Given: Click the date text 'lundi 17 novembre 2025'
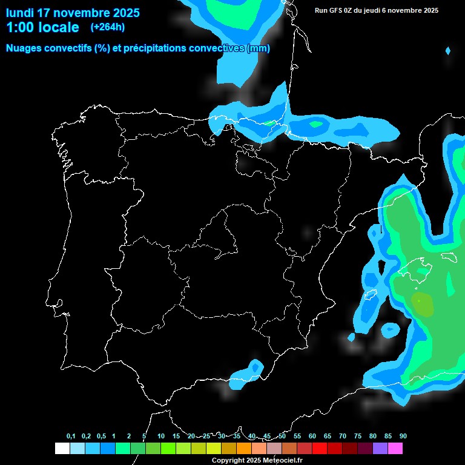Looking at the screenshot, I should [73, 13].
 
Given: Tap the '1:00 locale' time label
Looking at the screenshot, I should [42, 27].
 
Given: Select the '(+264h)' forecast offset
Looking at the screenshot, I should [108, 27].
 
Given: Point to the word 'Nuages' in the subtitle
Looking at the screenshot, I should [25, 48].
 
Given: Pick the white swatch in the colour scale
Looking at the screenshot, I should [62, 449].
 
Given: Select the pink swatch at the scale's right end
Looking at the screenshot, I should [395, 449].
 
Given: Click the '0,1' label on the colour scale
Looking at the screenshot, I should [71, 437].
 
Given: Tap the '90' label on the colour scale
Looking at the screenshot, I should [403, 437].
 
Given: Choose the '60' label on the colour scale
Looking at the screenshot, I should [312, 437].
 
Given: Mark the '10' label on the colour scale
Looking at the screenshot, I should [161, 437].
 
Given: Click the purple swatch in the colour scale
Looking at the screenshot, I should [380, 449].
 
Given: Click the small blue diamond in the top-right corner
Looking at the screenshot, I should [448, 51].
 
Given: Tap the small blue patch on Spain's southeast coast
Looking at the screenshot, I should [255, 368].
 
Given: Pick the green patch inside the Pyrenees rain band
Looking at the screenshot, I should [315, 124].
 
